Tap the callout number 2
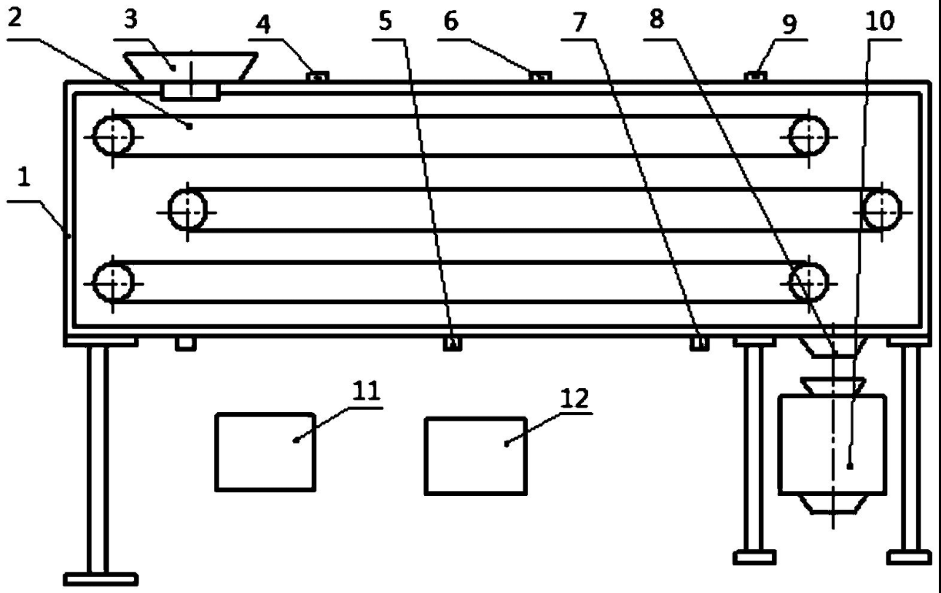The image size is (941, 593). [x=17, y=19]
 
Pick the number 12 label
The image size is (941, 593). [x=574, y=398]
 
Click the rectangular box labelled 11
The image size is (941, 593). [x=265, y=451]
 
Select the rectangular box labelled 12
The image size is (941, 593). [x=475, y=456]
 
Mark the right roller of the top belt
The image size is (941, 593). [x=809, y=136]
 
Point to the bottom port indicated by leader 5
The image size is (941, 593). [x=453, y=344]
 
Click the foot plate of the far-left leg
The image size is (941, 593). [x=100, y=581]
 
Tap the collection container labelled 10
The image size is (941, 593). [x=832, y=445]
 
